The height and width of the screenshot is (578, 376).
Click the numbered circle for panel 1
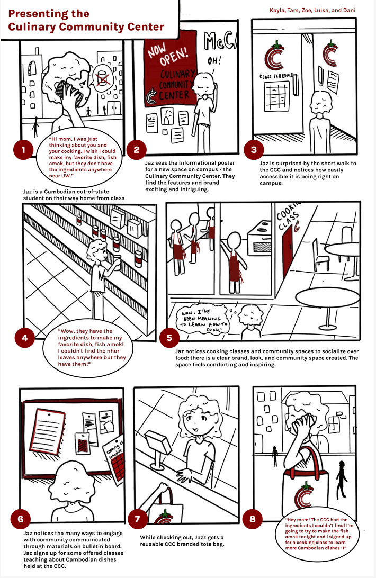pyautogui.click(x=23, y=150)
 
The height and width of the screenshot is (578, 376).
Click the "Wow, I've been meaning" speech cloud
pyautogui.click(x=202, y=319)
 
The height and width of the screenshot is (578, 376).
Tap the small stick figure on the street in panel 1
pyautogui.click(x=35, y=128)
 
